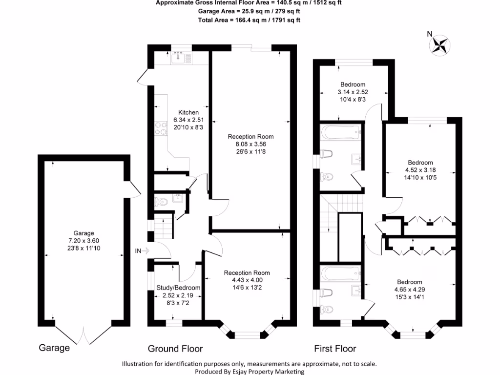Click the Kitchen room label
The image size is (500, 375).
[x=188, y=112]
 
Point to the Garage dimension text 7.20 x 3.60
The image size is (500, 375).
[x=83, y=240]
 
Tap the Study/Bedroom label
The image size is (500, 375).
[x=178, y=288]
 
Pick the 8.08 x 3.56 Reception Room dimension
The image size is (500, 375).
[x=251, y=145]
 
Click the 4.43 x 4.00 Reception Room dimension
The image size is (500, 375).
[x=247, y=280]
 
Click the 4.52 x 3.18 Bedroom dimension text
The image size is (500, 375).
[x=420, y=170]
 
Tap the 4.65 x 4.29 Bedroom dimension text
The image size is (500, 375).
[x=409, y=290]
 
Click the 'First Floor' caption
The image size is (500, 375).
[x=335, y=349]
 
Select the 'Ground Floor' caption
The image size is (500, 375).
[x=175, y=349]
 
